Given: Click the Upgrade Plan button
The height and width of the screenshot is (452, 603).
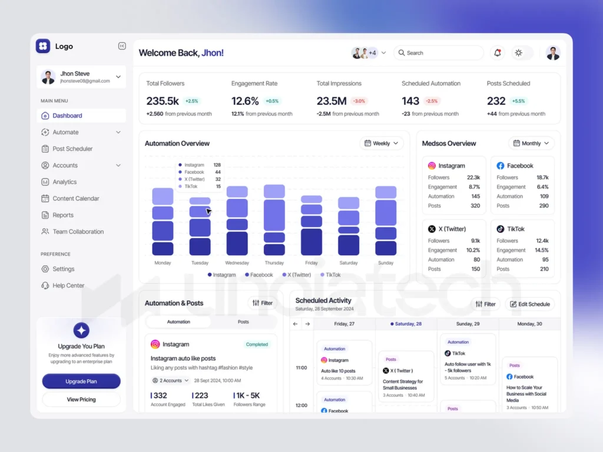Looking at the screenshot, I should click(x=81, y=381).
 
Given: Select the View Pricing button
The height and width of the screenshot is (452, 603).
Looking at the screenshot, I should click(x=81, y=400).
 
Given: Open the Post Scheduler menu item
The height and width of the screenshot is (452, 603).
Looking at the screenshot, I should click(x=72, y=149).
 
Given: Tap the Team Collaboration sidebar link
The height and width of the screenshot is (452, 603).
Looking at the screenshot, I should click(x=78, y=231).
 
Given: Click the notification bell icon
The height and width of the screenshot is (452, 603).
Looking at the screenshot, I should click(x=498, y=53).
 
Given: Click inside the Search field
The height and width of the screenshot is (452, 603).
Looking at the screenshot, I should click(x=439, y=53).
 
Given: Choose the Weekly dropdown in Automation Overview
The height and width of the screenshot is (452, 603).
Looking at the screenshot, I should click(x=382, y=143).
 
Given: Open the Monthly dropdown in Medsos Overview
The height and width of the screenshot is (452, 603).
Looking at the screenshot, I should click(x=531, y=143).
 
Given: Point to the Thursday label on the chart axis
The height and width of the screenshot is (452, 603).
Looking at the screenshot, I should click(x=274, y=263).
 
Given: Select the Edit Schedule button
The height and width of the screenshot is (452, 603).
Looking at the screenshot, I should click(x=530, y=304).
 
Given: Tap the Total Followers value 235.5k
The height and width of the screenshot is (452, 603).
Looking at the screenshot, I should click(x=163, y=101).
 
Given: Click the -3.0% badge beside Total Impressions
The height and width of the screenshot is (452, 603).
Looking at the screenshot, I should click(x=359, y=101).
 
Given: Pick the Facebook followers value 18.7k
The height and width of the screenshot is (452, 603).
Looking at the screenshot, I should click(x=542, y=177).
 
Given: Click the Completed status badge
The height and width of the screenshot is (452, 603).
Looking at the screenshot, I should click(x=257, y=344).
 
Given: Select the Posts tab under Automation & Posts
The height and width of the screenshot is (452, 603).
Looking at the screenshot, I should click(x=243, y=322).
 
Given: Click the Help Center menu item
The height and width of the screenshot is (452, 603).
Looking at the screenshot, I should click(x=68, y=285).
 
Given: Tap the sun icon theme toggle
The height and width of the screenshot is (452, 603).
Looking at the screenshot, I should click(x=518, y=53).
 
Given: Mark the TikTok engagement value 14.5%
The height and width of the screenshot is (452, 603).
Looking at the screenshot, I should click(x=541, y=250).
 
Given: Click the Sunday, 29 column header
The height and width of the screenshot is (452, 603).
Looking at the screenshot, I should click(x=468, y=324).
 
